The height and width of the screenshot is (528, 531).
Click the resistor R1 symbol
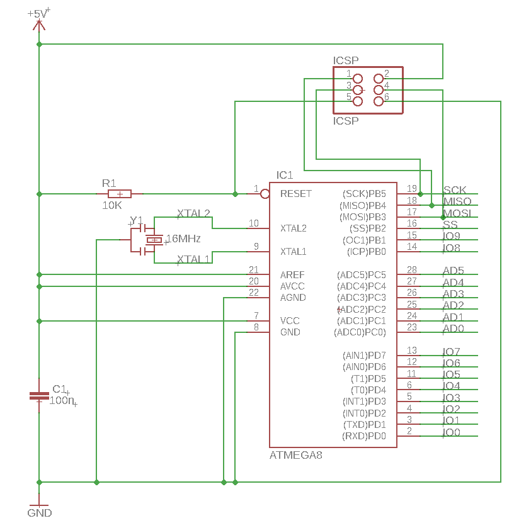coord(120,194)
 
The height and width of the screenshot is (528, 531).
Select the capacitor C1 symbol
coord(39,396)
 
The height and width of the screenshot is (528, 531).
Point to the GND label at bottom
coord(39,513)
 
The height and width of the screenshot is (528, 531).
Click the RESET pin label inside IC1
coord(296,194)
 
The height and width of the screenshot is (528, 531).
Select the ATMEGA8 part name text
coord(296,455)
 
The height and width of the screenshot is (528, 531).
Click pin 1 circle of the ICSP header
coord(358,79)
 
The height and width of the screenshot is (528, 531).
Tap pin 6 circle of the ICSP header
coord(379,101)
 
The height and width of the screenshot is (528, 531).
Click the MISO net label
coord(457,201)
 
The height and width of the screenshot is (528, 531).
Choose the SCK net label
coord(455,190)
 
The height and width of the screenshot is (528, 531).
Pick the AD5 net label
coord(454,271)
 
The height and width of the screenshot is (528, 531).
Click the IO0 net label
coord(451,432)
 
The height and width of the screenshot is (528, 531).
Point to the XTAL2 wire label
coord(193,213)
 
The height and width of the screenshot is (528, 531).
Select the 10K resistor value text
coord(112,206)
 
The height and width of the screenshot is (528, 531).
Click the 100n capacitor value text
coord(63,400)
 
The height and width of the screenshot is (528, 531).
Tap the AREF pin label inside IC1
coord(292,275)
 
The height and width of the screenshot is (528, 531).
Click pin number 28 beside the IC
coord(412,270)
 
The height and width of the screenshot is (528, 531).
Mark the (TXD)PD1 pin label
coord(363,425)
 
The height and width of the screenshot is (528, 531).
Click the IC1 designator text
coord(285,175)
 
